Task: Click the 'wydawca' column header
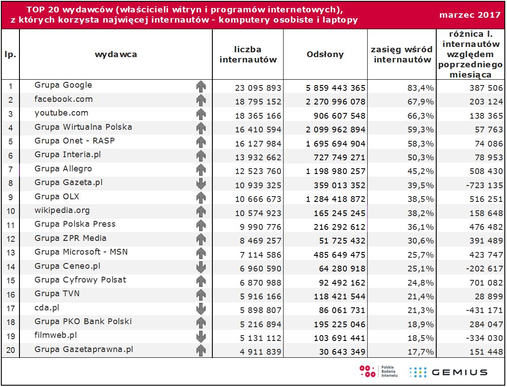coord(116,54)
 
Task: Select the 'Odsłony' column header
coord(325,54)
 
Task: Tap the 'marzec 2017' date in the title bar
coord(470,15)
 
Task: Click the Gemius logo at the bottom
coord(449,372)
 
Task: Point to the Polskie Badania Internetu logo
coord(379,372)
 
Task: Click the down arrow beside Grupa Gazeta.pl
coord(201,183)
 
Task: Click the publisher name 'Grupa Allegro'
coord(63,169)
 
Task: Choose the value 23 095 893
coord(258,88)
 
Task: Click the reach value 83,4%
coord(420,88)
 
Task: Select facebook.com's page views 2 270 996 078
coord(336,102)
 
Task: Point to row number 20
coord(11,351)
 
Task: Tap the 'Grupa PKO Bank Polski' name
coord(83,321)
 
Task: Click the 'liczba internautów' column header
coord(248,54)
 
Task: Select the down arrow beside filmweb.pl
coord(201,337)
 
